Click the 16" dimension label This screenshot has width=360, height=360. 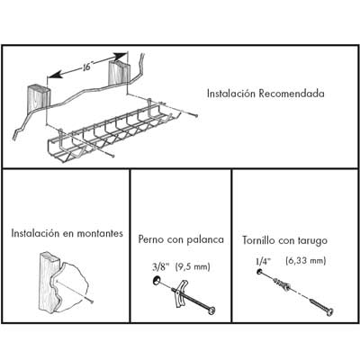(x=86, y=67)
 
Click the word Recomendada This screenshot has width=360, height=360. (x=292, y=94)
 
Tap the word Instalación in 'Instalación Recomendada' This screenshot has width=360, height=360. (x=231, y=94)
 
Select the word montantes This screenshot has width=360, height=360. (x=100, y=233)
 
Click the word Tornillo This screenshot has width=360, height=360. (x=258, y=240)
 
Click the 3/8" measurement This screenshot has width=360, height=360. (x=161, y=266)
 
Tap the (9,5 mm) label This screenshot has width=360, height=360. (x=193, y=266)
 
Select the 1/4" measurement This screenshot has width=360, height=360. (x=263, y=261)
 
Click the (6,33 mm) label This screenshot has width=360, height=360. (x=306, y=261)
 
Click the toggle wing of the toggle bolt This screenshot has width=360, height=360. (x=182, y=293)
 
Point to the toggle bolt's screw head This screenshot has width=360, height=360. (x=212, y=310)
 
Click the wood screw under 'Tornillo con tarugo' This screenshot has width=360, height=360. (x=322, y=306)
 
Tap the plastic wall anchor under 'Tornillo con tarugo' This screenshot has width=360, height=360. (x=282, y=284)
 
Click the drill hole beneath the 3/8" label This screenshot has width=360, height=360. (x=157, y=281)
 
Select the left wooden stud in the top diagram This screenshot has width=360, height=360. (x=39, y=97)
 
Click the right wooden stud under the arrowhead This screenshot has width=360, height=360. (x=120, y=73)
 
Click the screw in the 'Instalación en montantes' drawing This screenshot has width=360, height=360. (x=75, y=291)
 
